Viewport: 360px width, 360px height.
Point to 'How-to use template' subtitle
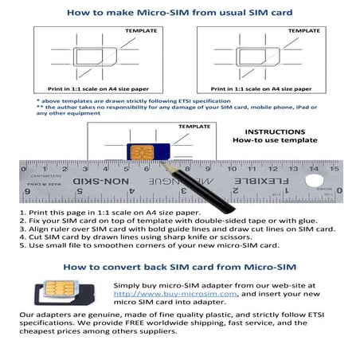275,141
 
